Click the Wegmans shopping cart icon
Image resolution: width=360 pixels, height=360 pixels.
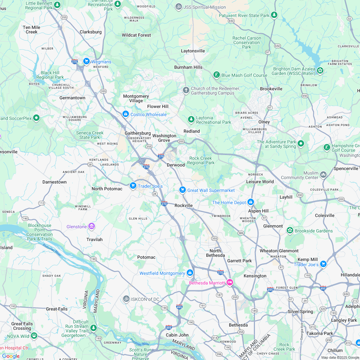(x=86, y=61)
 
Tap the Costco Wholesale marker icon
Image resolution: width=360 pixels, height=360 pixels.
(x=126, y=114)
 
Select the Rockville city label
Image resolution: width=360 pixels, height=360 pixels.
(x=184, y=205)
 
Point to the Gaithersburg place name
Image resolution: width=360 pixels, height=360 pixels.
(x=138, y=133)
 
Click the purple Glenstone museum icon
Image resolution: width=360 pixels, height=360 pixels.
(x=92, y=227)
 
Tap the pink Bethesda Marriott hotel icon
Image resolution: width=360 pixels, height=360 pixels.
(x=230, y=283)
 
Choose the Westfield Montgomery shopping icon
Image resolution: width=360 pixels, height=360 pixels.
(x=190, y=273)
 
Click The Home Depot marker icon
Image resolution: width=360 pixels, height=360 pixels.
(x=251, y=202)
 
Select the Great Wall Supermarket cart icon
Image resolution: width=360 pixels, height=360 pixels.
(x=183, y=190)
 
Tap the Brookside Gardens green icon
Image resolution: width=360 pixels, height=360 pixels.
(x=290, y=230)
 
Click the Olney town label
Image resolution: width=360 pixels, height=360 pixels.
(x=264, y=122)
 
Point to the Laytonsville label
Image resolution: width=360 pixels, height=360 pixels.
(x=193, y=51)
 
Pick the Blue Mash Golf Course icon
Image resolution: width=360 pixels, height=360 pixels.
(x=217, y=75)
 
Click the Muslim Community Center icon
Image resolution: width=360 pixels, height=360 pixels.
(x=323, y=175)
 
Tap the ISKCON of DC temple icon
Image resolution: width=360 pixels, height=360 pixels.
(x=126, y=299)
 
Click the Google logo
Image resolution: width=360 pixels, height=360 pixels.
(x=11, y=356)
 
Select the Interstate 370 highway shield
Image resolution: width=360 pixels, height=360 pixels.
(x=161, y=156)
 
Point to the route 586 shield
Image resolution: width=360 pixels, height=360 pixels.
(x=241, y=232)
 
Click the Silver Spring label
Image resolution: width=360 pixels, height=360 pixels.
(x=300, y=311)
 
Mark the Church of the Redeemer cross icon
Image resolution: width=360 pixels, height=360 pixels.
(x=186, y=90)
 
